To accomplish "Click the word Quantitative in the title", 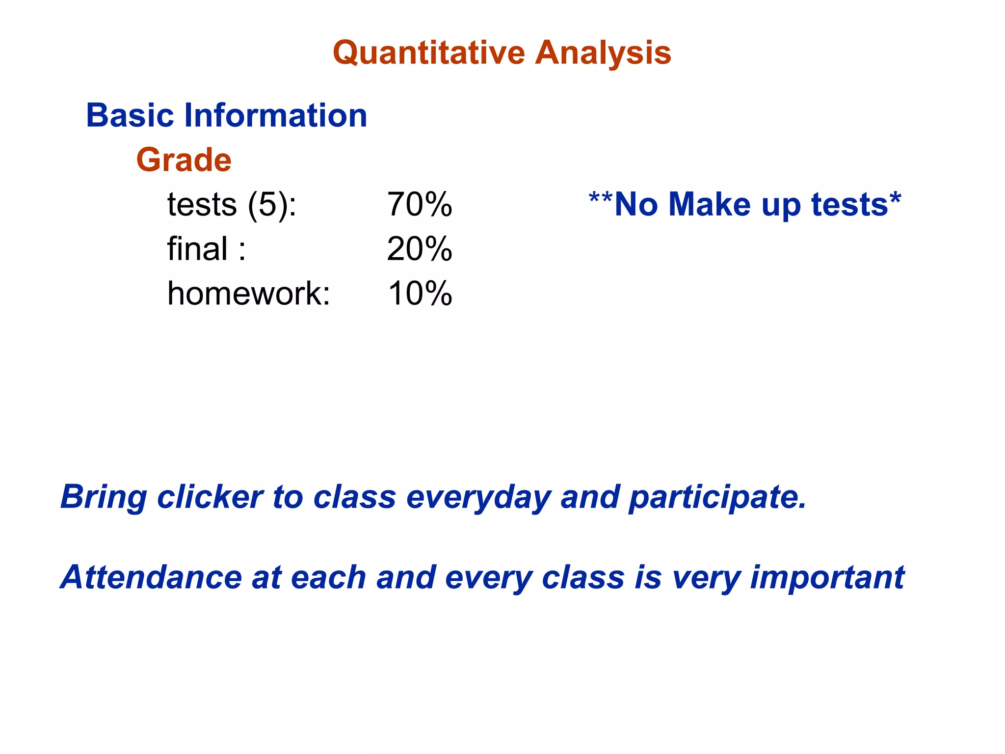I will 429,53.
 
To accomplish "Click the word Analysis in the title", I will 603,53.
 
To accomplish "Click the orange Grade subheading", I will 184,160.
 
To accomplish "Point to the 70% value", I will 420,204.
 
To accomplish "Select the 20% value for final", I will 420,249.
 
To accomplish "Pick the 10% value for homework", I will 420,294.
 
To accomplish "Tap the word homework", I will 248,294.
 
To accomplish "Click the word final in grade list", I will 197,249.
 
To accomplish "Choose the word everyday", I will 478,498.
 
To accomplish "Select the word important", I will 827,578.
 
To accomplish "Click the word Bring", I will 103,498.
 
